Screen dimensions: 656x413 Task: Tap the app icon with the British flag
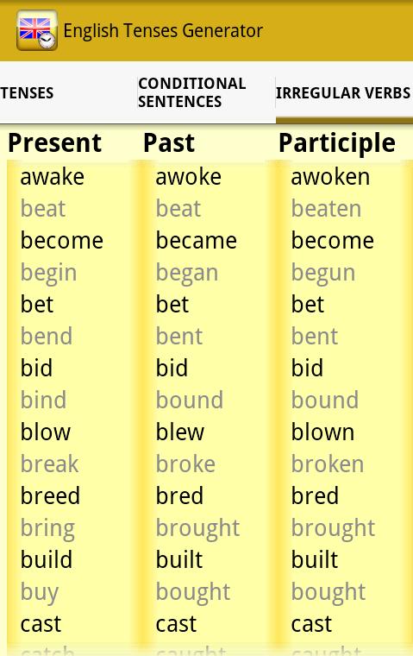click(37, 31)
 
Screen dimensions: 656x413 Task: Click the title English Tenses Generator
click(163, 31)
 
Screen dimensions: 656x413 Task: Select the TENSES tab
click(28, 93)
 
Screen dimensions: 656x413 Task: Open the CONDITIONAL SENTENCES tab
click(192, 92)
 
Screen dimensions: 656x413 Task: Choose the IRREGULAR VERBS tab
click(343, 93)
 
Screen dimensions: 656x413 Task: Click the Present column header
click(54, 143)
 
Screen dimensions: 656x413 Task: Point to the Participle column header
click(336, 143)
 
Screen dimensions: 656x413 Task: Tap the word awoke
click(188, 177)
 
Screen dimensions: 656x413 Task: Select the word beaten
click(326, 209)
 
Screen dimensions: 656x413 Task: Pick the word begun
click(322, 274)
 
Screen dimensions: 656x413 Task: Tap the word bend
click(46, 337)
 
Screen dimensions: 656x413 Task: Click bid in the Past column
click(172, 369)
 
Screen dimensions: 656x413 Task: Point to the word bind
click(43, 401)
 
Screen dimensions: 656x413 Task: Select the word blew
click(179, 432)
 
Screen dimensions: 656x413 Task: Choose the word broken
click(327, 464)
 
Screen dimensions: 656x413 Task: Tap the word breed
click(50, 496)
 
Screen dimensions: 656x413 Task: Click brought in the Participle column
click(333, 528)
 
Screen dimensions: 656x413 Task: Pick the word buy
click(39, 593)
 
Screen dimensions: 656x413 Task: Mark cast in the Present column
click(41, 624)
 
